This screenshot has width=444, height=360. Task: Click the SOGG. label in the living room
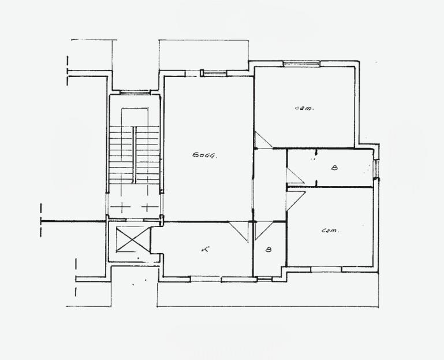click(x=205, y=155)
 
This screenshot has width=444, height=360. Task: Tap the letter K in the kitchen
click(x=205, y=250)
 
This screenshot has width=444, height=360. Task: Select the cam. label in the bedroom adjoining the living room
click(x=304, y=108)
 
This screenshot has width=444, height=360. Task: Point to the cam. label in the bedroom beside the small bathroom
click(x=330, y=231)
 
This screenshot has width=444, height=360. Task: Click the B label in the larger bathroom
click(x=334, y=168)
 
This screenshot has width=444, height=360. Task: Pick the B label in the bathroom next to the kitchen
click(x=268, y=250)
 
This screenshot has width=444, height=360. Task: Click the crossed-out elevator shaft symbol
click(x=133, y=239)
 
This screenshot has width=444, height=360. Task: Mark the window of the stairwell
click(x=134, y=92)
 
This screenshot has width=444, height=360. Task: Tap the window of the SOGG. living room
click(x=214, y=73)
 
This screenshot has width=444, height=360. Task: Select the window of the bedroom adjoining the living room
click(x=301, y=64)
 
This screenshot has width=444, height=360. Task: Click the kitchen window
click(x=206, y=279)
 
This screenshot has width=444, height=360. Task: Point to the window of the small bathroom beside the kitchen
click(x=265, y=279)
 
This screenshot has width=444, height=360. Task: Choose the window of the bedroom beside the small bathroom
click(x=326, y=269)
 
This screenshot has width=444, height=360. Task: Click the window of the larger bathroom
click(x=376, y=169)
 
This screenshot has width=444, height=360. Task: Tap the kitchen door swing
click(x=238, y=232)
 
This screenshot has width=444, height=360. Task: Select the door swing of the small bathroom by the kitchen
click(x=263, y=230)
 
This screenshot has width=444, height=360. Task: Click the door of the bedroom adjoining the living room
click(x=263, y=140)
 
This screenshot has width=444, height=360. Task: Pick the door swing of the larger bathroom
click(x=295, y=176)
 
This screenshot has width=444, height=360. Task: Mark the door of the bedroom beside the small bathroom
click(x=296, y=201)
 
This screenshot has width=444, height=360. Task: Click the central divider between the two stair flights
click(x=135, y=155)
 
